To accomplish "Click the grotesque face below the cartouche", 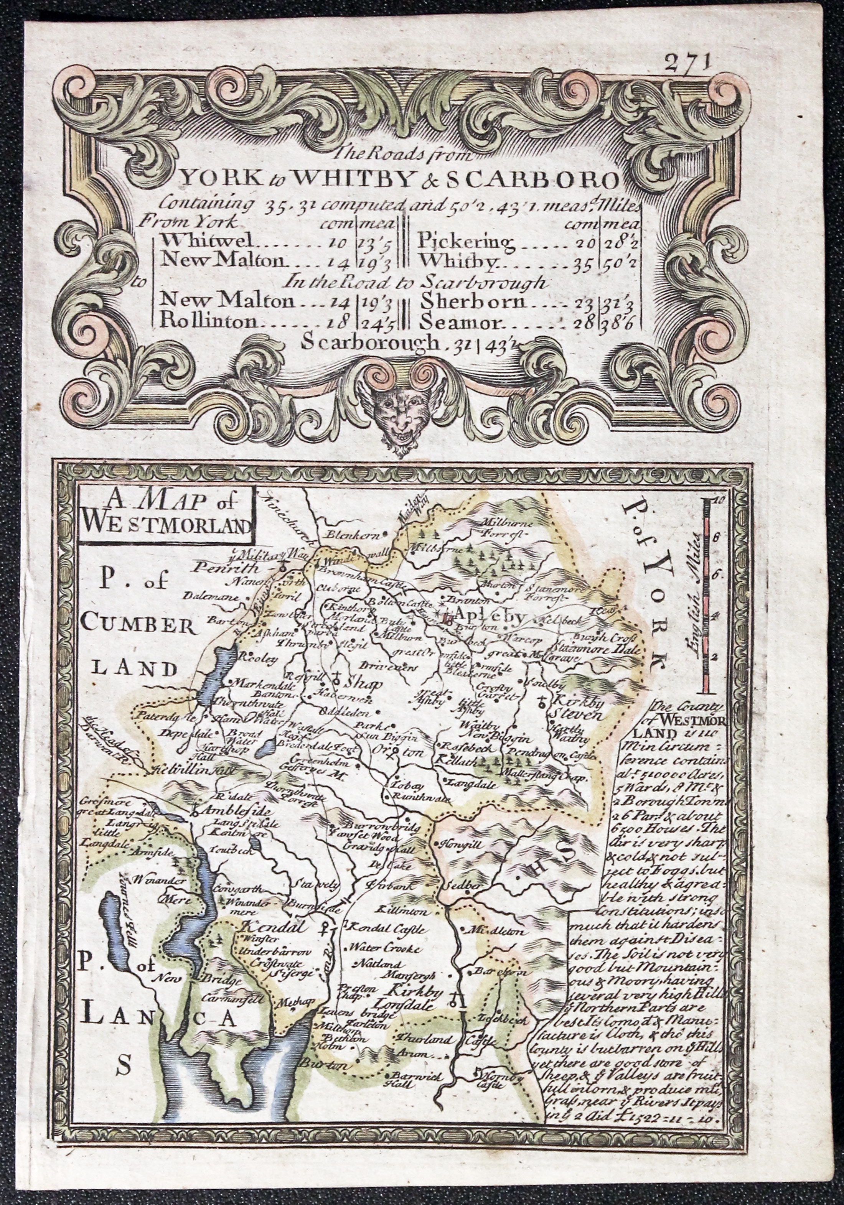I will click(402, 413).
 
